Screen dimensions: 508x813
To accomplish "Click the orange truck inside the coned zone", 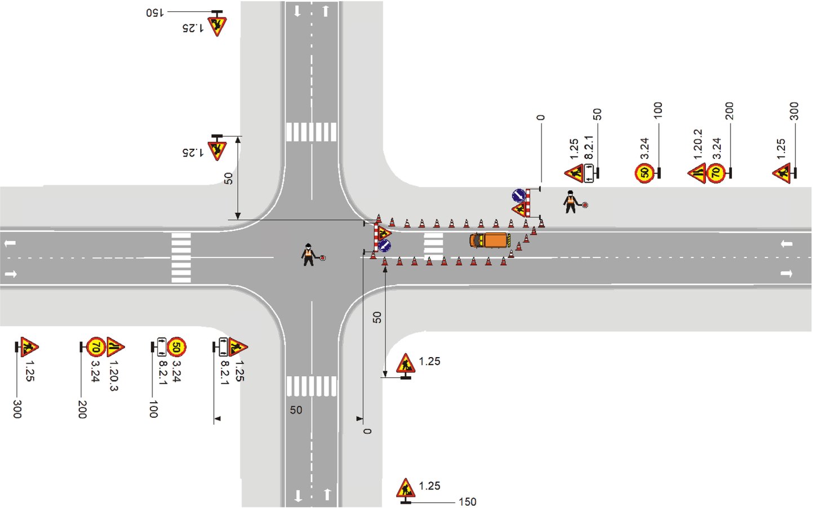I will point(490,240).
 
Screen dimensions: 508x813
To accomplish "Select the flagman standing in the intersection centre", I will point(308,255).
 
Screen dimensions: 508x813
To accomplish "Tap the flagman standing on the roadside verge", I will point(571,202).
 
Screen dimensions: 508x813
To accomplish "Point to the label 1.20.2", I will point(698,144).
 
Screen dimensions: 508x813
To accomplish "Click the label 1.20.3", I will point(113,376).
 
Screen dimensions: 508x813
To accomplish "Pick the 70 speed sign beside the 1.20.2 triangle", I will point(716,172).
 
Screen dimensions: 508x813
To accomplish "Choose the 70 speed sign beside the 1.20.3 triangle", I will point(96,347).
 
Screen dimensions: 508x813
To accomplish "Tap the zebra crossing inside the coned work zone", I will point(433,246).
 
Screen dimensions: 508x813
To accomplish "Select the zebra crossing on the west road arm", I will point(181,257).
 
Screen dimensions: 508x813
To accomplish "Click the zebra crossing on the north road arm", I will point(311,132).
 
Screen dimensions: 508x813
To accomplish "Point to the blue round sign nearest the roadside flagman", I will point(518,195).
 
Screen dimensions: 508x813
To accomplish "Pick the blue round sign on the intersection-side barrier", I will point(384,245).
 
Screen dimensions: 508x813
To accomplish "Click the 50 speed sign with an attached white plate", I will point(176,347).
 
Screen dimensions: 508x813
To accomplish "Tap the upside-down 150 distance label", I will point(154,12).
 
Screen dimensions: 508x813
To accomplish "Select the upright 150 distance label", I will point(467,501).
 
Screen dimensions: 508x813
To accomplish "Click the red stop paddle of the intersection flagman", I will point(323,258).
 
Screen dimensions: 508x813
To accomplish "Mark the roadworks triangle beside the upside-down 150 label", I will point(217,25).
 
